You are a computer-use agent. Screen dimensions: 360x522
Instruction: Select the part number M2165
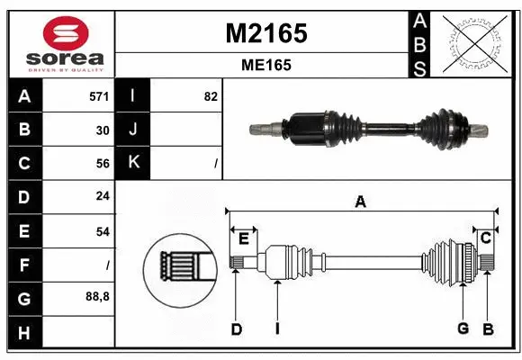(x=265, y=33)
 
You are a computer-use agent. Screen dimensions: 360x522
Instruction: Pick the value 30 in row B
(x=103, y=130)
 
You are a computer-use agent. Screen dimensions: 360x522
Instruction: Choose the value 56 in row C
(x=103, y=163)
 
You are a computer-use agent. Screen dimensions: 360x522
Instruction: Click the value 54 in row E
(x=103, y=231)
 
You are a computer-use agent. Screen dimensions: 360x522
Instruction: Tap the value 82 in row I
(x=211, y=96)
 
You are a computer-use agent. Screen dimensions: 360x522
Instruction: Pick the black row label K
(x=133, y=163)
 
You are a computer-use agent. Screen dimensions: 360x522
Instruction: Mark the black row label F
(x=23, y=265)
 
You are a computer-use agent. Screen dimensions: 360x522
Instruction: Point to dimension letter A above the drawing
(x=361, y=202)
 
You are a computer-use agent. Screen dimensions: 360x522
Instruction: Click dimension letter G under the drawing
(x=463, y=328)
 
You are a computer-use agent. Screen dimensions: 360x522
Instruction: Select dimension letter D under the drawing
(x=236, y=329)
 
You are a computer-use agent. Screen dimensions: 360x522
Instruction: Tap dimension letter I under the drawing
(x=277, y=329)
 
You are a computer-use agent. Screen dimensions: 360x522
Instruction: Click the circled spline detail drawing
(x=179, y=266)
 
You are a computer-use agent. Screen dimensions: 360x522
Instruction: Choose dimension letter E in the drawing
(x=244, y=238)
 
